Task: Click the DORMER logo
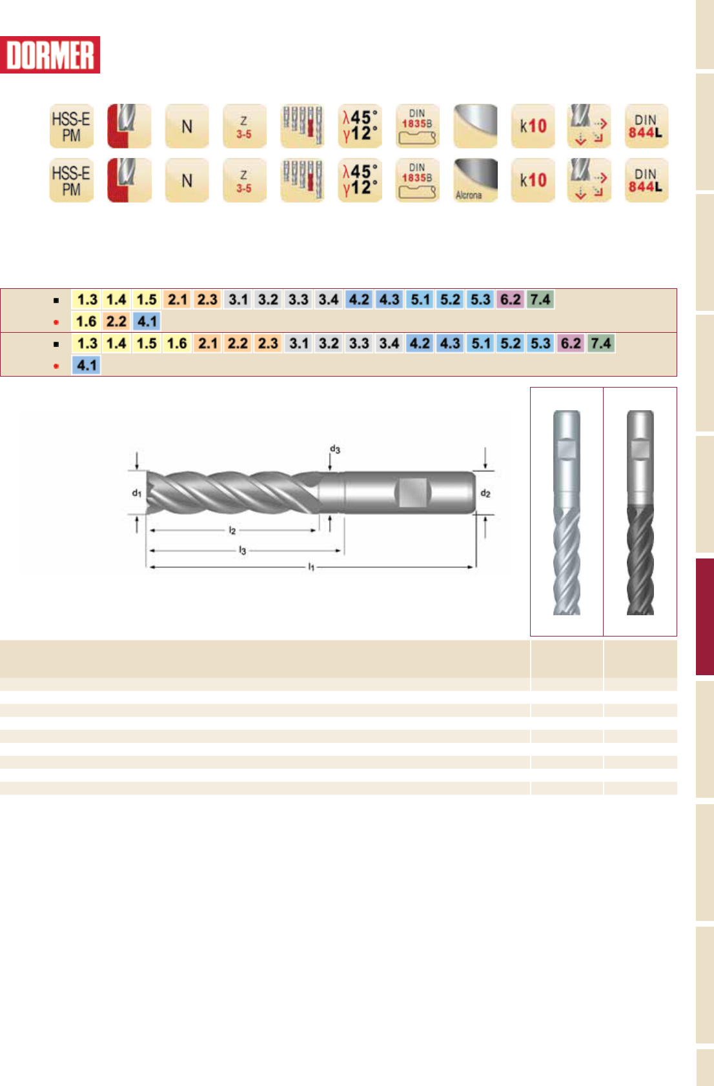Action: click(x=50, y=55)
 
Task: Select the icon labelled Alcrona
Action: click(x=475, y=181)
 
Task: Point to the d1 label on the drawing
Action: click(x=137, y=493)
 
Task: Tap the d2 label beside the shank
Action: click(x=485, y=493)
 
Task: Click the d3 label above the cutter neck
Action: click(x=335, y=449)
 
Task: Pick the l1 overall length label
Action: click(x=312, y=566)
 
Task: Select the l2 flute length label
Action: click(x=232, y=530)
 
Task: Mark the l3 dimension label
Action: click(x=242, y=550)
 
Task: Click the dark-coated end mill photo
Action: click(x=640, y=513)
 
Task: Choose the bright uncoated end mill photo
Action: click(x=566, y=513)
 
